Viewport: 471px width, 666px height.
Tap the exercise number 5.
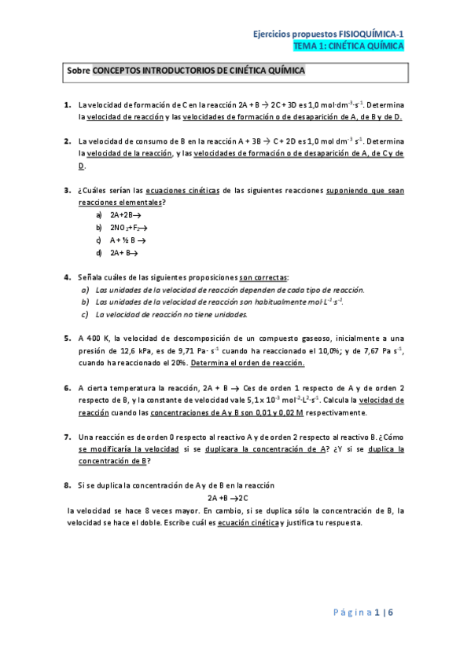(x=67, y=338)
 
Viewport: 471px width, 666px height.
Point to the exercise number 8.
(x=67, y=486)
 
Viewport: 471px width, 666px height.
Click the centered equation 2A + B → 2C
(x=228, y=498)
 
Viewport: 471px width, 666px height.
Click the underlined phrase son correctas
(x=263, y=277)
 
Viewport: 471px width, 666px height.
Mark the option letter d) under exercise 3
(x=99, y=252)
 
